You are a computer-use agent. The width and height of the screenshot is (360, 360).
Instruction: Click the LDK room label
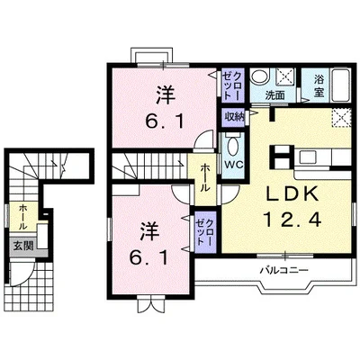coord(292,194)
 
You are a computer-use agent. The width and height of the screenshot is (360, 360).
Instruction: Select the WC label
coord(235,165)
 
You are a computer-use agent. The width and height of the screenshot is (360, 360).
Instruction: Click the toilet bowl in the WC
coord(232,146)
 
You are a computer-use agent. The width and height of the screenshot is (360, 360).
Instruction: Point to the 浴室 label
coord(319,85)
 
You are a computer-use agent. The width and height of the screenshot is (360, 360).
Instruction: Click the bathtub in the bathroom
coord(340,85)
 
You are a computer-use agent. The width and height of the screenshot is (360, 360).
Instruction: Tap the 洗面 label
coord(274,95)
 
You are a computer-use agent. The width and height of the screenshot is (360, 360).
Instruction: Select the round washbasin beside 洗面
coord(260,76)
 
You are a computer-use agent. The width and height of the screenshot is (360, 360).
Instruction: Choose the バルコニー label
coord(283,270)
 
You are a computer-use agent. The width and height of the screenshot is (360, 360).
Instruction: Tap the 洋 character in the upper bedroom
coord(166,94)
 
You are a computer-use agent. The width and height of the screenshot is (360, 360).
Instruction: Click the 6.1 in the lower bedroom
coord(148,257)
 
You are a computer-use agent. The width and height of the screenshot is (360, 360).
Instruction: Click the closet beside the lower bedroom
coord(205,232)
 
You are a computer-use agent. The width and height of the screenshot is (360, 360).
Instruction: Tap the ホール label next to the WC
coord(205,177)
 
